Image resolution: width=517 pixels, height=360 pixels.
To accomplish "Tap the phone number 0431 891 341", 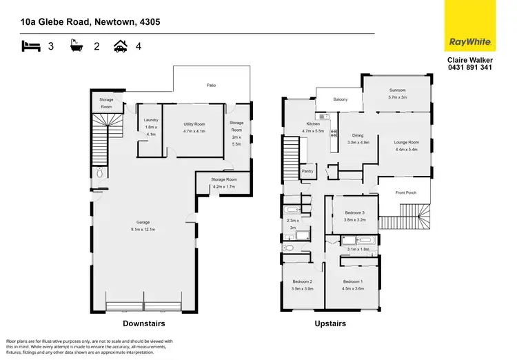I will click(x=469, y=68).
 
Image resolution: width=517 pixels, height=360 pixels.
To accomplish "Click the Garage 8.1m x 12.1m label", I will click(x=143, y=226).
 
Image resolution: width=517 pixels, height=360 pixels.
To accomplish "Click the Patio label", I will click(x=212, y=85).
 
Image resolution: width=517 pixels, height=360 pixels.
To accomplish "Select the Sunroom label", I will click(x=397, y=94).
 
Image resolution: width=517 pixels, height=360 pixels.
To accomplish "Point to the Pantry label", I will click(x=307, y=172).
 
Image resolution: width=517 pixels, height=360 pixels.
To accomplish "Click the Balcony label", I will click(x=340, y=99).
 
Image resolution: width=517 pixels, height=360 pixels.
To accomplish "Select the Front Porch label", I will click(x=403, y=193).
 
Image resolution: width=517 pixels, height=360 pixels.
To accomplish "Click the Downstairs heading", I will click(x=143, y=323).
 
